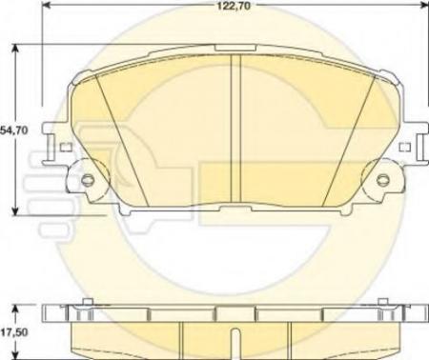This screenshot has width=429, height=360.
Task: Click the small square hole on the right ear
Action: tap(404, 148)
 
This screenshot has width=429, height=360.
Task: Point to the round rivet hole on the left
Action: tap(88, 182)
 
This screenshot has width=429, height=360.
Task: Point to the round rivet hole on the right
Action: tap(382, 182)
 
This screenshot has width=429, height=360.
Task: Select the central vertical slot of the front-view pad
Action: tap(235, 129)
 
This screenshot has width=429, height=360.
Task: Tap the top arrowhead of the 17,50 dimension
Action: tap(13, 307)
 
